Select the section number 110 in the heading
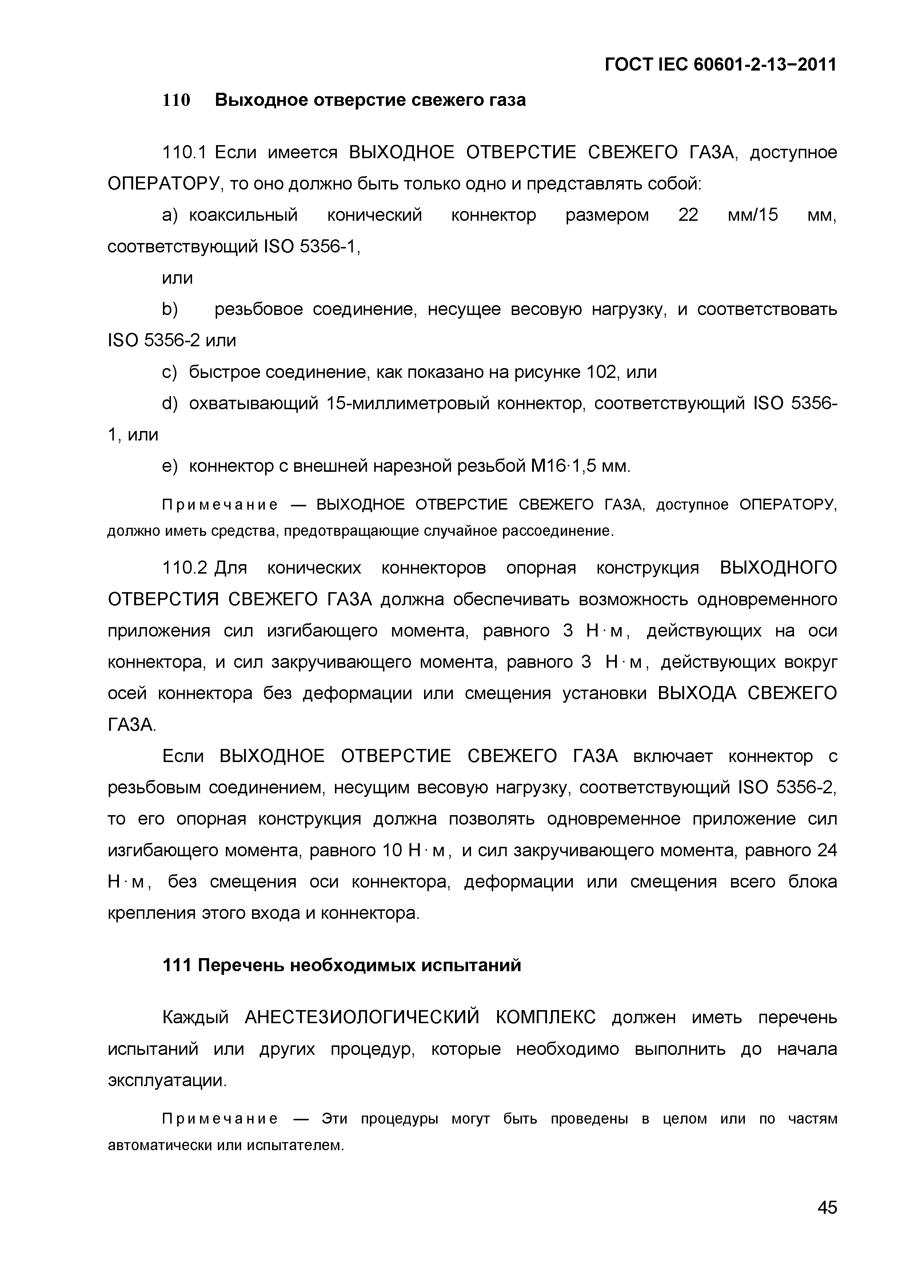coord(176,100)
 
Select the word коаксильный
coord(243,215)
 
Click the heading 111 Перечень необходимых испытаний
coord(342,965)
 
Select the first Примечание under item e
coord(220,505)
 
